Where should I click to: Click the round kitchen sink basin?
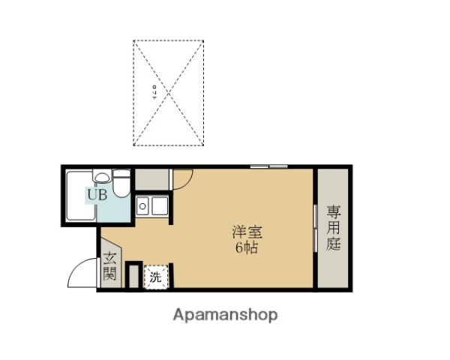tap(142, 204)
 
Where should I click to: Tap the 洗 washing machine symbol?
tap(155, 277)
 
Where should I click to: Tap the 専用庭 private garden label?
tap(333, 228)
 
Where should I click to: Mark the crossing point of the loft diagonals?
tap(169, 93)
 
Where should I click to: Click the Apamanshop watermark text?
tap(225, 315)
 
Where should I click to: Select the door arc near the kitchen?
tap(183, 178)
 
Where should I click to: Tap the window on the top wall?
tap(269, 166)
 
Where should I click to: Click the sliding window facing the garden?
tap(314, 228)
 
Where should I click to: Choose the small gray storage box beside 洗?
tap(133, 274)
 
